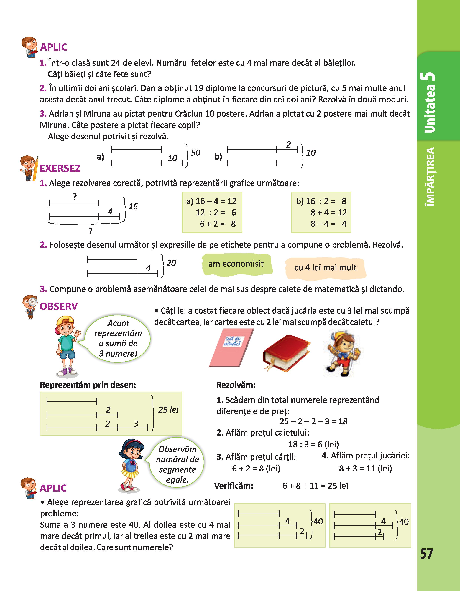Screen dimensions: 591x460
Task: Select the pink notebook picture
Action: [x=231, y=347]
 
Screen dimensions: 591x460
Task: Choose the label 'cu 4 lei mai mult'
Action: [x=325, y=268]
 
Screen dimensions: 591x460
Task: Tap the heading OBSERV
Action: [x=58, y=306]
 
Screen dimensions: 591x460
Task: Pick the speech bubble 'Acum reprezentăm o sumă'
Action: [x=118, y=338]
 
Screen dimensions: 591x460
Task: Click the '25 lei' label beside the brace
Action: [x=168, y=410]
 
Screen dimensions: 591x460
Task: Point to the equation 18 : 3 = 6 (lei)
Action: [x=313, y=444]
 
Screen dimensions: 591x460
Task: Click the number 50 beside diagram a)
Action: [x=195, y=153]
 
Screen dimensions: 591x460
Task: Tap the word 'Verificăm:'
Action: [x=234, y=486]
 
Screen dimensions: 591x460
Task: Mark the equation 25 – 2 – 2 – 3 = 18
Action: [x=313, y=421]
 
